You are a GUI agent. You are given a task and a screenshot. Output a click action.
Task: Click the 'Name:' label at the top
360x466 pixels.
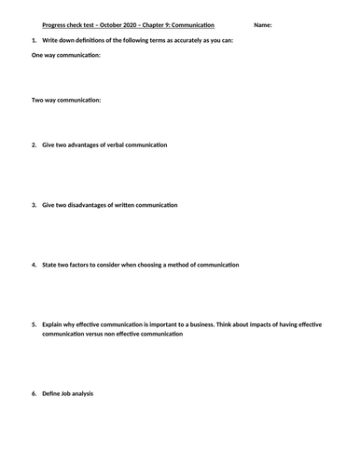(262, 24)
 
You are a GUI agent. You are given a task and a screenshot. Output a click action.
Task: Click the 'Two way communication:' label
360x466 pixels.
(66, 100)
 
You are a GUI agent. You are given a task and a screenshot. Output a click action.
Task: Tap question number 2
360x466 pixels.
(34, 144)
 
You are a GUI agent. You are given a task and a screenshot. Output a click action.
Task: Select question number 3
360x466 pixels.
(34, 204)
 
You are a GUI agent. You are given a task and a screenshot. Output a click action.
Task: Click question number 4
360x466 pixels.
(34, 264)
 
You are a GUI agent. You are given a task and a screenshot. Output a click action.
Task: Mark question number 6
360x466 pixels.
(34, 393)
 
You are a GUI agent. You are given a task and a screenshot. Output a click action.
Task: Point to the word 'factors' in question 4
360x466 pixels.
(86, 264)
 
